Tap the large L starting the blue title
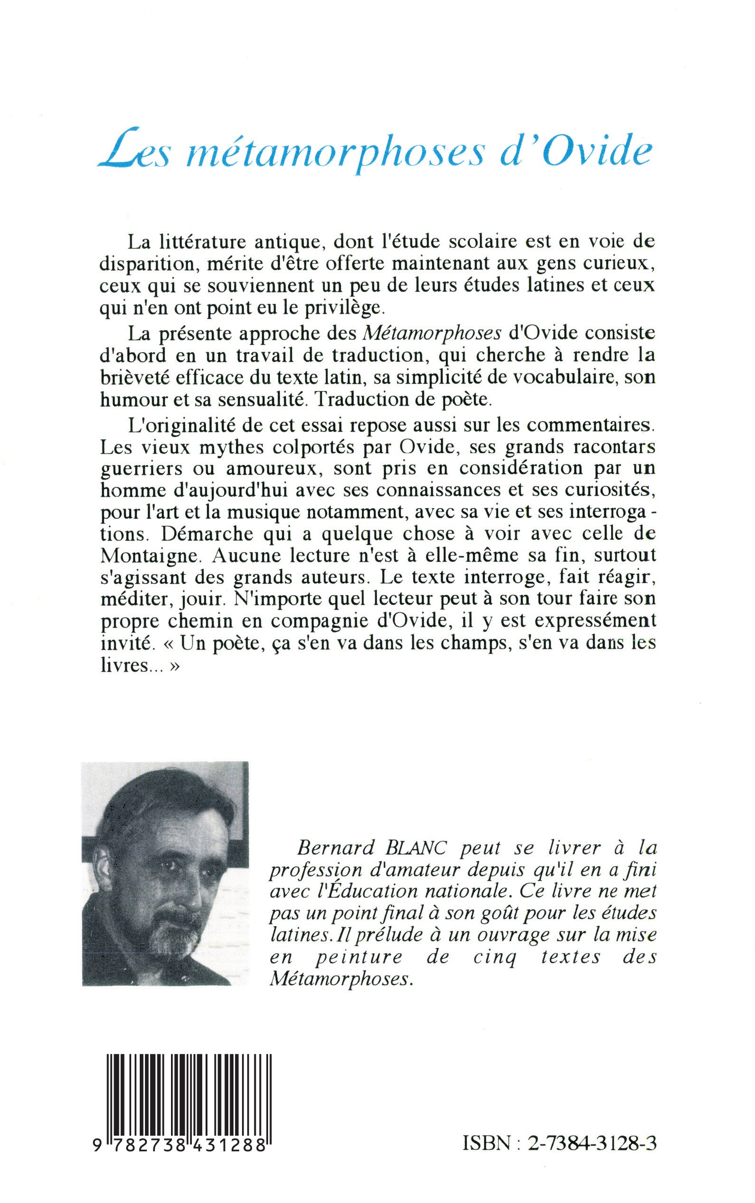(x=116, y=152)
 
